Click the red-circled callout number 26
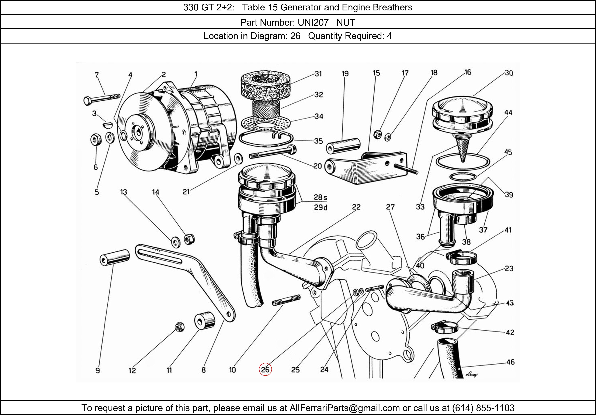[265, 369]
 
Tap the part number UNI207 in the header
[313, 23]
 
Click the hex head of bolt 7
[87, 101]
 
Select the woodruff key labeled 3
[107, 125]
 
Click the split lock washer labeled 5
[110, 137]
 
